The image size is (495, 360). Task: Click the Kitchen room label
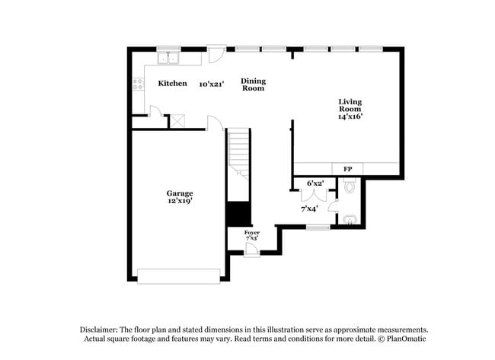[172, 83]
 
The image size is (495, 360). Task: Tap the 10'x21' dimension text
[213, 83]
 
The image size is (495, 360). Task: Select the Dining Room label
[253, 84]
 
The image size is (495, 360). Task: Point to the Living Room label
[350, 105]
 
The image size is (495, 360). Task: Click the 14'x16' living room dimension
[350, 117]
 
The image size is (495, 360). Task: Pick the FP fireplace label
[347, 169]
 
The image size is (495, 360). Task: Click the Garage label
[180, 193]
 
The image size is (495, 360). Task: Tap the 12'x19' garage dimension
[180, 202]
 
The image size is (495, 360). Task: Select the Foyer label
[251, 232]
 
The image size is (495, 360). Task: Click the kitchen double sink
[168, 59]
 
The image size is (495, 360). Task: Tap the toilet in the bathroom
[350, 185]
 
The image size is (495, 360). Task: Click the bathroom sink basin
[350, 220]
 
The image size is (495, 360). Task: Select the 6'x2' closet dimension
[315, 183]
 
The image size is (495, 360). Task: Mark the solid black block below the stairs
[238, 213]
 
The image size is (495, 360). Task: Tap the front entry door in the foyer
[251, 250]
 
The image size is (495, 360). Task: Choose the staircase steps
[239, 152]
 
